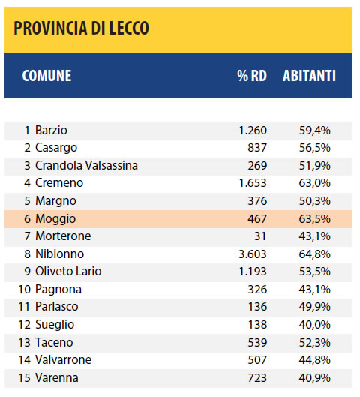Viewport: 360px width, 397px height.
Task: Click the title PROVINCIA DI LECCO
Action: [x=81, y=28]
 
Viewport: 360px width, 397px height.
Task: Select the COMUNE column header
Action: [x=46, y=76]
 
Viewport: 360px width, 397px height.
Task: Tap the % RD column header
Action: [x=252, y=76]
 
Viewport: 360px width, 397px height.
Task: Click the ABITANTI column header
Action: [x=309, y=76]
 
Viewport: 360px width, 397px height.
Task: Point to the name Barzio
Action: [x=51, y=131]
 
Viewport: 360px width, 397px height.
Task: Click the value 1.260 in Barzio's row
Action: [x=253, y=131]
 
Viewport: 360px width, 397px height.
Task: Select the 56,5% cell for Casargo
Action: [x=315, y=148]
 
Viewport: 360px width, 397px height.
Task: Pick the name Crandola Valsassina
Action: [x=86, y=165]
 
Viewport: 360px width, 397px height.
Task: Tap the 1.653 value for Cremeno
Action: [x=253, y=183]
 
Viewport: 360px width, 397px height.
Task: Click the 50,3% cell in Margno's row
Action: [x=315, y=201]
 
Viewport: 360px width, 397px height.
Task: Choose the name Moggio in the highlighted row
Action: [x=55, y=218]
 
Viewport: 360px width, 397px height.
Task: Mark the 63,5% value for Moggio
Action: [x=315, y=218]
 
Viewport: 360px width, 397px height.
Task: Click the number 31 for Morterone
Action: [x=260, y=236]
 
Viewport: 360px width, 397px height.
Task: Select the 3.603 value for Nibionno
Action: [x=253, y=254]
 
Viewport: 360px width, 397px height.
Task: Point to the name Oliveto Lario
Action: [x=68, y=271]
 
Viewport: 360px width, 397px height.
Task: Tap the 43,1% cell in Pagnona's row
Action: [x=315, y=289]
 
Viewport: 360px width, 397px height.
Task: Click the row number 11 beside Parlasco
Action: [x=24, y=307]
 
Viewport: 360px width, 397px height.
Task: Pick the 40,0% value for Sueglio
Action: [x=315, y=325]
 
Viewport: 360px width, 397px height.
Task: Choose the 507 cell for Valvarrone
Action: [x=257, y=359]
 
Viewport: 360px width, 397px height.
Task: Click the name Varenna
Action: [x=57, y=377]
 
